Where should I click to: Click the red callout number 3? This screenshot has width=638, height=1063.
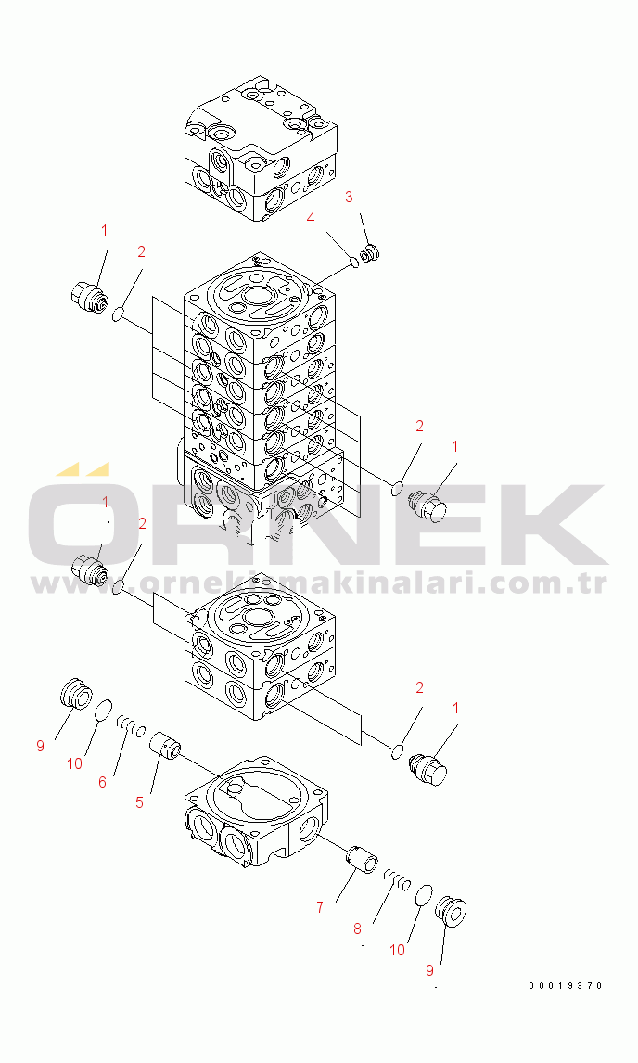pos(349,198)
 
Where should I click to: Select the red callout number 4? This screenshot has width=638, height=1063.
pos(311,219)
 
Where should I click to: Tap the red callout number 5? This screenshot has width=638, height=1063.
pos(139,802)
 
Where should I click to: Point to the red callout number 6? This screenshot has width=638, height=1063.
pos(102,782)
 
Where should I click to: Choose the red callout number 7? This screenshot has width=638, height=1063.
pos(320,907)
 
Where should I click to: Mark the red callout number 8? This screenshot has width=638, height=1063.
pos(357,929)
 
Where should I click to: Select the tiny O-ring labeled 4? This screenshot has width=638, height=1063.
pos(354,261)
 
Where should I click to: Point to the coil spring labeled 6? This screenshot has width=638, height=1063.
pos(131,726)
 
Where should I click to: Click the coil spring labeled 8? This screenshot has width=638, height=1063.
pos(397,880)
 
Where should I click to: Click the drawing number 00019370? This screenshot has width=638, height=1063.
pos(566,986)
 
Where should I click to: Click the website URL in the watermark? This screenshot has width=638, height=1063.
pos(319,583)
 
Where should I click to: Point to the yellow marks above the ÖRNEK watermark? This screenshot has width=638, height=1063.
pos(82,469)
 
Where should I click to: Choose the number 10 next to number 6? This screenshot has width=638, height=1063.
pos(74,763)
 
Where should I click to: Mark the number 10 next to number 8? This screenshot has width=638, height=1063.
pos(397,951)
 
